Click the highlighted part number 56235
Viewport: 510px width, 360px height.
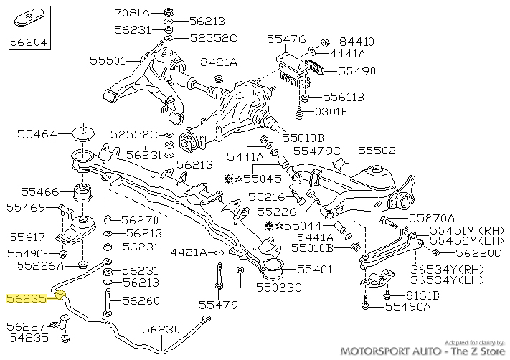[26, 297]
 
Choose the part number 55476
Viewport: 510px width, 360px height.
[286, 39]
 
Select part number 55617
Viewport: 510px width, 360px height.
[27, 237]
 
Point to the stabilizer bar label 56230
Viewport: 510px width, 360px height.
[161, 329]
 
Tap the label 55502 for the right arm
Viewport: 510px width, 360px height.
[377, 151]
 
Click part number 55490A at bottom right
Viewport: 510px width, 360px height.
[408, 307]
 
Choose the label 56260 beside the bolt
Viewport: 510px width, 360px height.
[140, 300]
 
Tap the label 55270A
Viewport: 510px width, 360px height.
[432, 218]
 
